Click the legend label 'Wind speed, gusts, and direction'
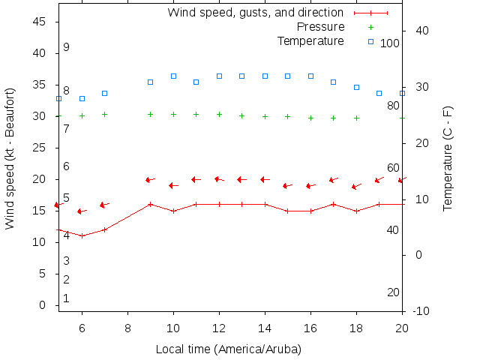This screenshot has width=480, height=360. point(255,13)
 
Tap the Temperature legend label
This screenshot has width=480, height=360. point(310,40)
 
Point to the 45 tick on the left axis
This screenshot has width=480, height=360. point(40,22)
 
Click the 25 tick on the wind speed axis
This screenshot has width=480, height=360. point(40,148)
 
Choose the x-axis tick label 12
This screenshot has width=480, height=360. point(219,328)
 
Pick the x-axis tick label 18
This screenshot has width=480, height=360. point(356,328)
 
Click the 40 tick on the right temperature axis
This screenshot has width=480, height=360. point(421,31)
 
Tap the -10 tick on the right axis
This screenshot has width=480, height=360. point(421,311)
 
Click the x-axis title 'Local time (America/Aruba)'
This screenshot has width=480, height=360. point(228,349)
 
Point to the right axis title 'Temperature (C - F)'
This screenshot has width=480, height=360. point(448,158)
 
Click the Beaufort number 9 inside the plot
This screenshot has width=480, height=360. point(66,47)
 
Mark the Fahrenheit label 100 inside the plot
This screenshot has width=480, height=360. point(390,43)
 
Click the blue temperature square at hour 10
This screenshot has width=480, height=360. point(173,76)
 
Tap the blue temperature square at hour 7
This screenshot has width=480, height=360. point(105,93)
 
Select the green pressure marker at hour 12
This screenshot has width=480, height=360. point(219,114)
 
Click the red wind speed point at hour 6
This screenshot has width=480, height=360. point(82,235)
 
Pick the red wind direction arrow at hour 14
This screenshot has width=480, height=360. point(265,179)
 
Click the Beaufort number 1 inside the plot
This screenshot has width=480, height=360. point(66,298)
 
